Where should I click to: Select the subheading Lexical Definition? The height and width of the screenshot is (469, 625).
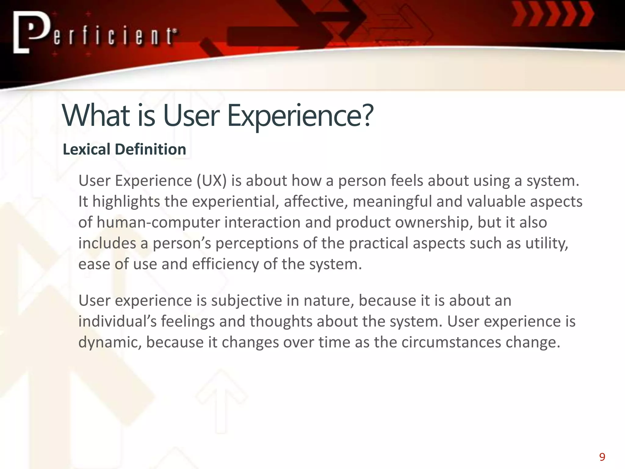click(124, 149)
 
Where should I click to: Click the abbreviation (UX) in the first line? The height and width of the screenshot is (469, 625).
click(211, 181)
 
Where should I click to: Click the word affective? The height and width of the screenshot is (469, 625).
click(316, 202)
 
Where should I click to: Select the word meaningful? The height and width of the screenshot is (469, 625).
click(392, 202)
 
